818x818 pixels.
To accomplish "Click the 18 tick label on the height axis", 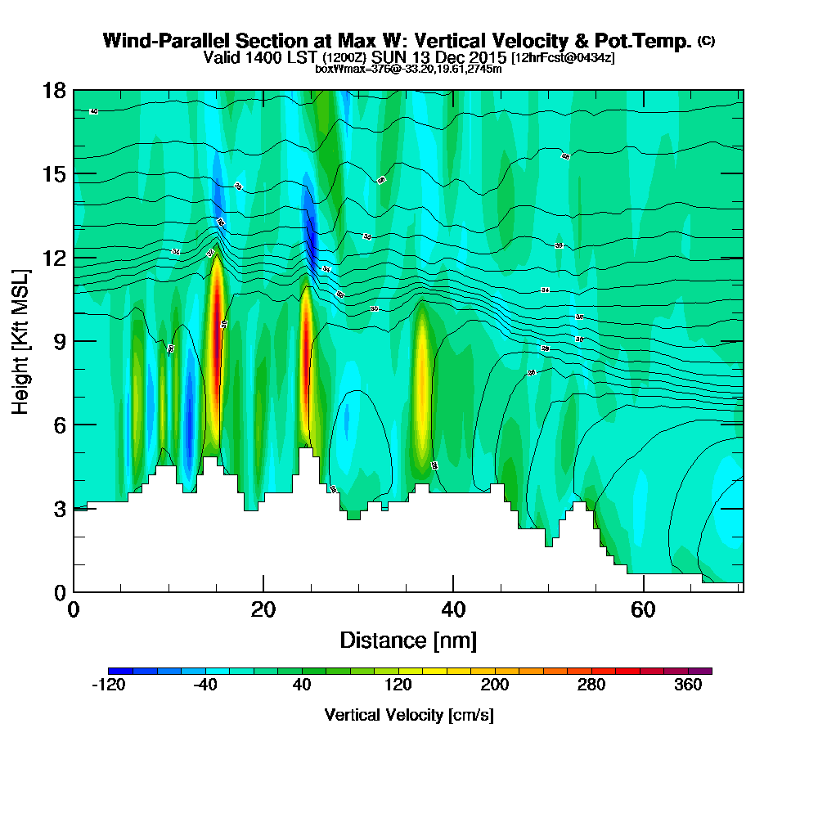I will pos(54,90).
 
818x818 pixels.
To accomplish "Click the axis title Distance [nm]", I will pos(408,640).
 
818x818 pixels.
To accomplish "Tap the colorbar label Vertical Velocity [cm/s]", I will pos(409,715).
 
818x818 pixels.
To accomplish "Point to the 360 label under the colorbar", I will pos(688,685).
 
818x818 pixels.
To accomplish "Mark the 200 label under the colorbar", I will pos(495,685).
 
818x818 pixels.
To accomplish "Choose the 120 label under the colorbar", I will pos(398,685).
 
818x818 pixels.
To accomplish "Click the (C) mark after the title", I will pos(706,40).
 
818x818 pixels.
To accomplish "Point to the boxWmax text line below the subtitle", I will pos(408,69).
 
